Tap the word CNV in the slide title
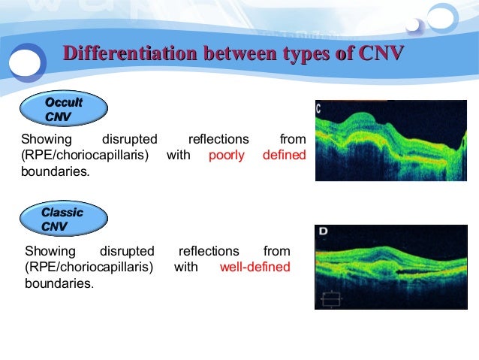(x=382, y=53)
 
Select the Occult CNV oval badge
(x=64, y=110)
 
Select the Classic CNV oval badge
(x=64, y=219)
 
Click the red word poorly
(x=226, y=156)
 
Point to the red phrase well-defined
(x=255, y=267)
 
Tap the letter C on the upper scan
(x=319, y=108)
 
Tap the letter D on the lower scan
(x=323, y=231)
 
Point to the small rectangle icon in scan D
(x=330, y=298)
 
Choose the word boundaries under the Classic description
(x=59, y=283)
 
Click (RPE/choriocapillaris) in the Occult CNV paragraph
(x=85, y=156)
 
